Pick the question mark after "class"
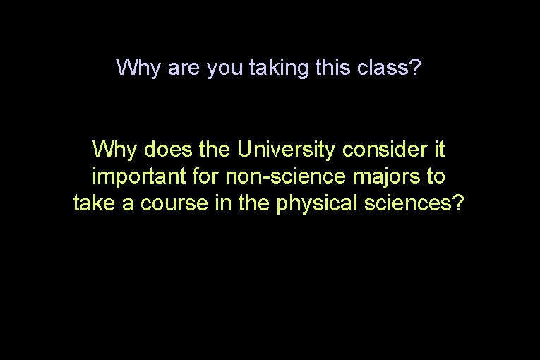click(x=416, y=68)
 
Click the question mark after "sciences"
click(x=459, y=203)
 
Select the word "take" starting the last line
click(x=95, y=203)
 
